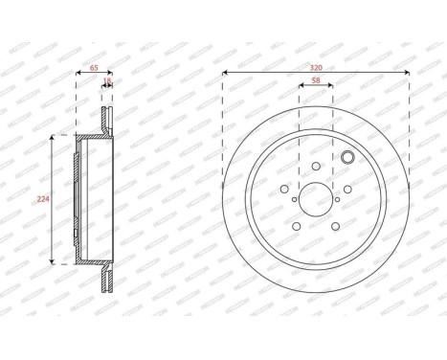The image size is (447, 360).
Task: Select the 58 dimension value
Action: pyautogui.click(x=316, y=82)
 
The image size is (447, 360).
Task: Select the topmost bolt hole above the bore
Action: pyautogui.click(x=317, y=166)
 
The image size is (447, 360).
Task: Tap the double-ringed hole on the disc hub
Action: pyautogui.click(x=347, y=159)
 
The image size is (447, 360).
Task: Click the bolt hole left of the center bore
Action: pyautogui.click(x=284, y=190)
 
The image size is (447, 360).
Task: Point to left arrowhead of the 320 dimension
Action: pyautogui.click(x=224, y=74)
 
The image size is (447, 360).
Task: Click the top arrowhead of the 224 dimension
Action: pyautogui.click(x=52, y=139)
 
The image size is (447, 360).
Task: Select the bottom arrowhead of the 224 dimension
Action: pyautogui.click(x=52, y=262)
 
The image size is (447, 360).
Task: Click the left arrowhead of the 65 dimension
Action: pyautogui.click(x=78, y=74)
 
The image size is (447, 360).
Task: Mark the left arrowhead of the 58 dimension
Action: pyautogui.click(x=301, y=90)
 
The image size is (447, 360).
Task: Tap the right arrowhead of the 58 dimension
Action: pyautogui.click(x=332, y=90)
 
